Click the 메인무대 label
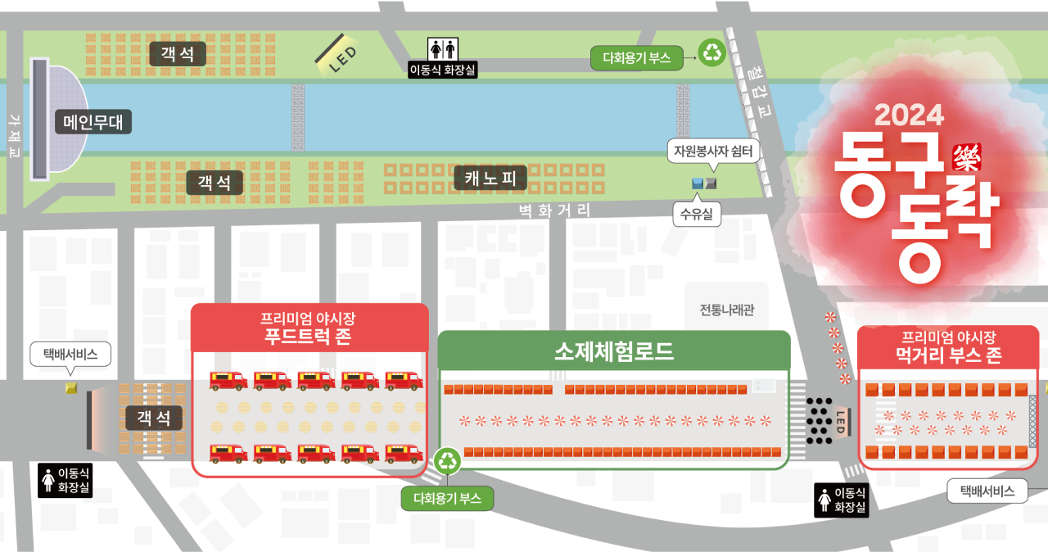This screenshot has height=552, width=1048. coord(93,123)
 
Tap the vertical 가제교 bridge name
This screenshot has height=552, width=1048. coord(13,136)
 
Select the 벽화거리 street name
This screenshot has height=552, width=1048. coord(555,210)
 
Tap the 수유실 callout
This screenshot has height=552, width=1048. coord(697,215)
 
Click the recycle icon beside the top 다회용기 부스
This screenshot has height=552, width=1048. coord(712,53)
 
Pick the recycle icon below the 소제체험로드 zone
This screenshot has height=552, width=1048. coord(448,460)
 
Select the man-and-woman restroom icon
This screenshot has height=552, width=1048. coord(443,48)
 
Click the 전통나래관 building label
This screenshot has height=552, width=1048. coord(727,310)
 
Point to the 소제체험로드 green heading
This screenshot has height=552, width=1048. coord(614,352)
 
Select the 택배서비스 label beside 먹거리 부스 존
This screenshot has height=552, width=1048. coord(986,491)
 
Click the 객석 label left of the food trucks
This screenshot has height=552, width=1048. coord(154,418)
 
